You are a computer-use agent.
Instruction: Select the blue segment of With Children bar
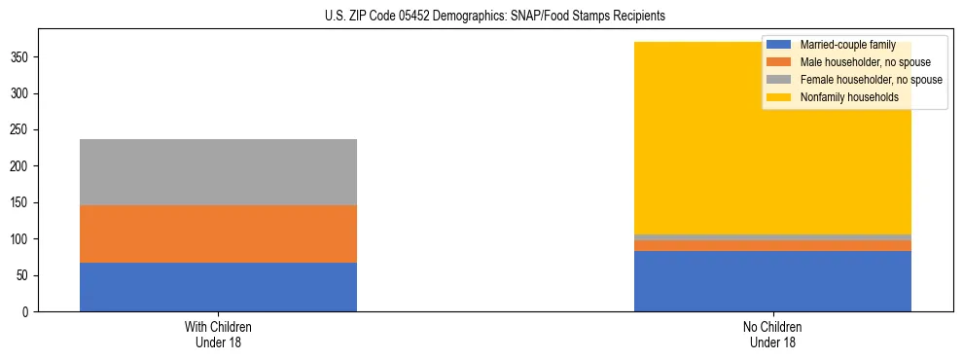218,287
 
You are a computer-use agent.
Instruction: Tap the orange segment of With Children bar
218,234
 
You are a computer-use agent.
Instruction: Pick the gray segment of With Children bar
218,172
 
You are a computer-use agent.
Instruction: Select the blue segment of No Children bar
772,281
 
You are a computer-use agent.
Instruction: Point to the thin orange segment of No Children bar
772,245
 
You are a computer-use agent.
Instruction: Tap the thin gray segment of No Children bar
772,236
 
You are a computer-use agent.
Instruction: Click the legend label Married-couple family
847,45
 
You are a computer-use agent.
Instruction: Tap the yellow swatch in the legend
779,97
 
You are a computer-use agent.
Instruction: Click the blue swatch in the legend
779,45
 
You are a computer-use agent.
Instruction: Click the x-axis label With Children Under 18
218,334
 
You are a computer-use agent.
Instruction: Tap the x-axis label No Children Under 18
772,334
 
